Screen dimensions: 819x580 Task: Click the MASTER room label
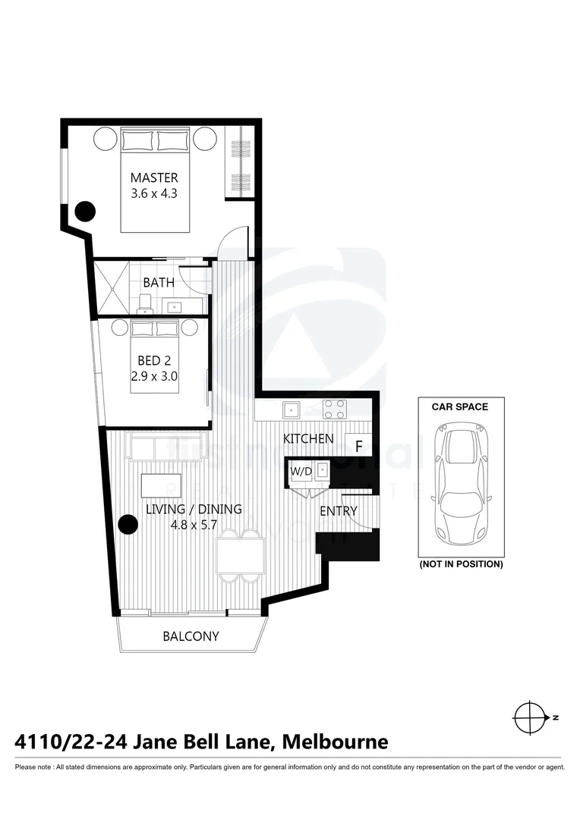154,178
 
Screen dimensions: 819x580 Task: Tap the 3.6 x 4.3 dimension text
154,193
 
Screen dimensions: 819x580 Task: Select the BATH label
158,282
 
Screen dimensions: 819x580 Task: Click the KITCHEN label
308,439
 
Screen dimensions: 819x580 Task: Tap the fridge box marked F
358,446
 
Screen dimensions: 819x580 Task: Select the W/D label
301,471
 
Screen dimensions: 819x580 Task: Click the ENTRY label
338,511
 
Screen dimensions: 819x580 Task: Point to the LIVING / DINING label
194,510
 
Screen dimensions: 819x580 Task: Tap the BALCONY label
191,636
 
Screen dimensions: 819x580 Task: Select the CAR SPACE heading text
459,407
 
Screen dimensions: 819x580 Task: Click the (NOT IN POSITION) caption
460,564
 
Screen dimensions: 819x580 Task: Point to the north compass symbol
529,717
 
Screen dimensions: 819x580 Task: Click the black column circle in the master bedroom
85,210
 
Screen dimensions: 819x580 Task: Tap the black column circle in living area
129,524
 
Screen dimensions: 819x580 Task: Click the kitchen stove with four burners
335,409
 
